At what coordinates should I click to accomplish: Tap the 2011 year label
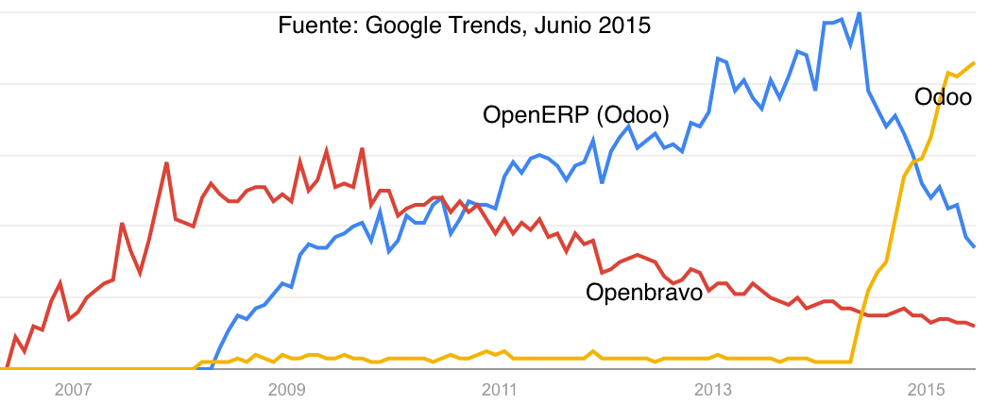(499, 389)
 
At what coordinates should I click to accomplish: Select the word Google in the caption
(397, 25)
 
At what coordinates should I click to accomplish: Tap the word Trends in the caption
(478, 25)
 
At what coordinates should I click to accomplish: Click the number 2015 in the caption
(625, 25)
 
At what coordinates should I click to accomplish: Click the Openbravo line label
(644, 293)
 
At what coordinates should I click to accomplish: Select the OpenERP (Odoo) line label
(576, 116)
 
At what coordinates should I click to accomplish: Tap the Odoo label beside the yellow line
(943, 96)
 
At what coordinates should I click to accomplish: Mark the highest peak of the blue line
(859, 12)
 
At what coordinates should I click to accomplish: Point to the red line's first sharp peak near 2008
(166, 163)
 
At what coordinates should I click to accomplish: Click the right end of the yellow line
(974, 63)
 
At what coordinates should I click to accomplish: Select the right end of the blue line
(974, 246)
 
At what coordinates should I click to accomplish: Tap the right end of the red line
(974, 326)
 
